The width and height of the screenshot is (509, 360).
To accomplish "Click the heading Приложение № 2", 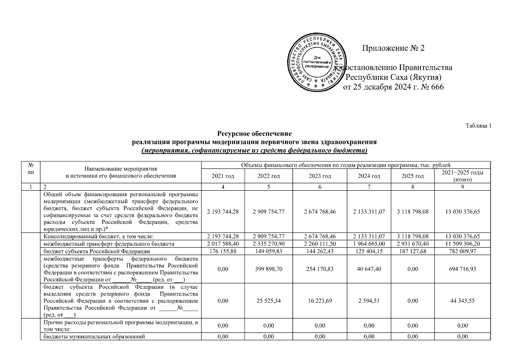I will click(x=393, y=48).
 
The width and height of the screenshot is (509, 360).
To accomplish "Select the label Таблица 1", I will click(x=478, y=126).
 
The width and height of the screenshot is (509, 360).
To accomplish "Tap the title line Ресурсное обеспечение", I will click(x=254, y=133).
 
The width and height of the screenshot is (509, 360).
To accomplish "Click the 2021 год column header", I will click(x=223, y=176).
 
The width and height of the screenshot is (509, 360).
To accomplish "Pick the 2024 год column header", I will click(x=369, y=176).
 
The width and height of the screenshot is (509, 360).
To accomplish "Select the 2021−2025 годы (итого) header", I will click(x=462, y=176).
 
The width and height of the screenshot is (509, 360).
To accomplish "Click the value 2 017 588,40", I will click(x=223, y=244).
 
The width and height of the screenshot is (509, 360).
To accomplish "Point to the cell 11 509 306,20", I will click(x=462, y=244).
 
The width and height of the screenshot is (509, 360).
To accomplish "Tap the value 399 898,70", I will click(x=268, y=269).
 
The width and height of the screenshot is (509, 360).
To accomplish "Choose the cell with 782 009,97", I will click(x=462, y=251).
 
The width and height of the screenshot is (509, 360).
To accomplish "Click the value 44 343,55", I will click(x=462, y=301).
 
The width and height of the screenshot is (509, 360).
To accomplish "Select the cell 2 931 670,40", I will click(x=412, y=244).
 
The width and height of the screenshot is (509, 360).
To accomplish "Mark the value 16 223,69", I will click(x=320, y=301).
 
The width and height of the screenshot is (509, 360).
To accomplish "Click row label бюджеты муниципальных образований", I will click(x=94, y=337).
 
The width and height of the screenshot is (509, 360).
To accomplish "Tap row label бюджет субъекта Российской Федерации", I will click(x=97, y=251).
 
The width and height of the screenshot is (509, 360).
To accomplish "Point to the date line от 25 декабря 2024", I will click(x=393, y=87).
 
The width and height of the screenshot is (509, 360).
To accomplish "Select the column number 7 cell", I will click(x=369, y=187).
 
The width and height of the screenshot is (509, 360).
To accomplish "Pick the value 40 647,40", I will click(x=369, y=269).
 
